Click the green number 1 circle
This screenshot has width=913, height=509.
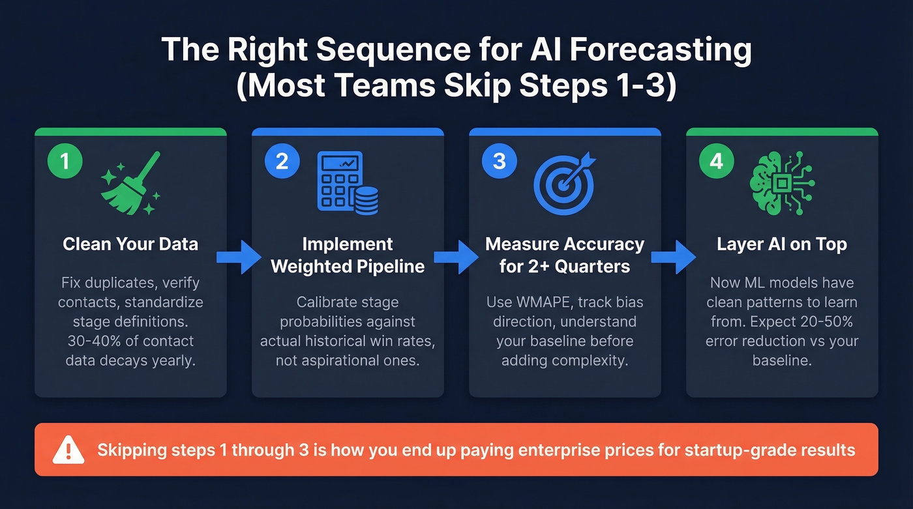[65, 161]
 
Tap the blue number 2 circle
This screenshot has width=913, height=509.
[282, 161]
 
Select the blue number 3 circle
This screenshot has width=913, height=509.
[499, 161]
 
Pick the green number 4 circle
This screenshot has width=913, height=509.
[716, 161]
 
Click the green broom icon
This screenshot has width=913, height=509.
[130, 182]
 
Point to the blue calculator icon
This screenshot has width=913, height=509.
[347, 182]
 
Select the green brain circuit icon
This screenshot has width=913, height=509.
[783, 183]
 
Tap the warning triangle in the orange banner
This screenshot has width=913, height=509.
[68, 450]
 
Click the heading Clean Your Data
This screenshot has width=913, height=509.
[130, 244]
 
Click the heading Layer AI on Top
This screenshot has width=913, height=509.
[782, 244]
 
